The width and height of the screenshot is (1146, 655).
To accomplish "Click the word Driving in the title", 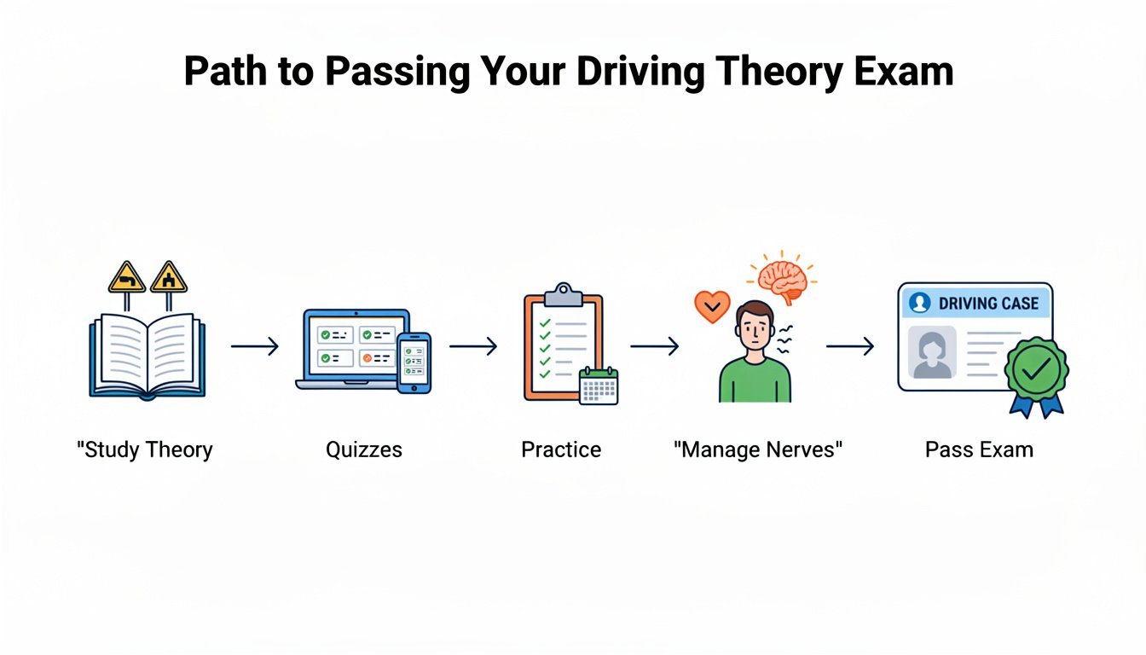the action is point(641,72).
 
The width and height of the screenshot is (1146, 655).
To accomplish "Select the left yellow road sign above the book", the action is point(127,278).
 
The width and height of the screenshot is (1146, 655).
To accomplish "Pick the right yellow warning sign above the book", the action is point(168,278).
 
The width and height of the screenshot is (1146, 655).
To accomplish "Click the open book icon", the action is point(148,356).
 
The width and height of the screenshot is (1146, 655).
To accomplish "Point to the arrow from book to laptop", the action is point(255,346).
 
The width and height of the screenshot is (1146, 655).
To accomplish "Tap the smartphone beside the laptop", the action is point(414,363).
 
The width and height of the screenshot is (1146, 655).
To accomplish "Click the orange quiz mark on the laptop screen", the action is point(367,358).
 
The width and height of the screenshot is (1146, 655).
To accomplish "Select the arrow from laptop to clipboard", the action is point(473,346).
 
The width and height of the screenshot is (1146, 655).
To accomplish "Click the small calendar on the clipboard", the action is point(599,386).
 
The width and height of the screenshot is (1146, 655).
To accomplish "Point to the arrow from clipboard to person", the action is point(654,346).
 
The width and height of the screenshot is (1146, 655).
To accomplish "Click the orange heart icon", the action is point(712,306).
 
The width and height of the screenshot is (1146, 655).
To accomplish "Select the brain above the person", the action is point(783,281).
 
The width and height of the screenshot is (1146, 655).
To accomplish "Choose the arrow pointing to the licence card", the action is point(850,346).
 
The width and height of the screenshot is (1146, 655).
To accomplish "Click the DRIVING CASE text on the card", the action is point(988,304).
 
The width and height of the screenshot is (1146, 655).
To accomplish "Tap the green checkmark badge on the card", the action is point(1037,370).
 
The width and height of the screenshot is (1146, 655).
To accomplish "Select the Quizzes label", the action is point(364,449).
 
